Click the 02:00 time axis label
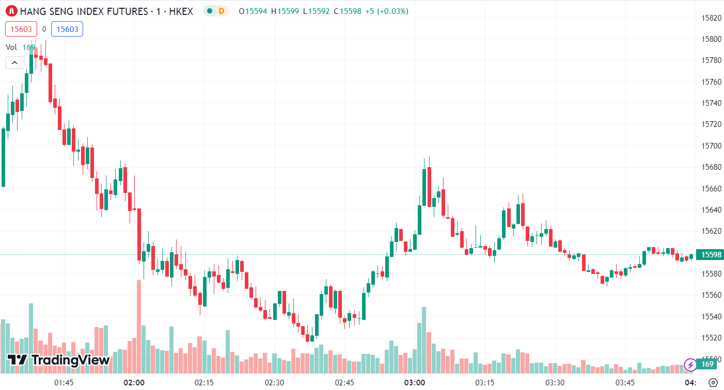pyautogui.click(x=134, y=383)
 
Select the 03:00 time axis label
pyautogui.click(x=415, y=383)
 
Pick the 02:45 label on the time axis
pyautogui.click(x=344, y=383)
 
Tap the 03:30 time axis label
pyautogui.click(x=555, y=383)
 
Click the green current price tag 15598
pyautogui.click(x=709, y=254)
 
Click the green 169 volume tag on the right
pyautogui.click(x=707, y=365)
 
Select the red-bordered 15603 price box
pyautogui.click(x=21, y=29)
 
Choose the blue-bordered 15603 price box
pyautogui.click(x=67, y=29)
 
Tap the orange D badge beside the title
pyautogui.click(x=221, y=11)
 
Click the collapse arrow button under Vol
pyautogui.click(x=14, y=63)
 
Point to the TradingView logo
pyautogui.click(x=58, y=360)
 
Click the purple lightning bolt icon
pyautogui.click(x=690, y=365)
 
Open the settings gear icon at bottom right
pyautogui.click(x=713, y=383)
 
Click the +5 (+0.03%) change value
pyautogui.click(x=387, y=11)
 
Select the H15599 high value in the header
pyautogui.click(x=285, y=11)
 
